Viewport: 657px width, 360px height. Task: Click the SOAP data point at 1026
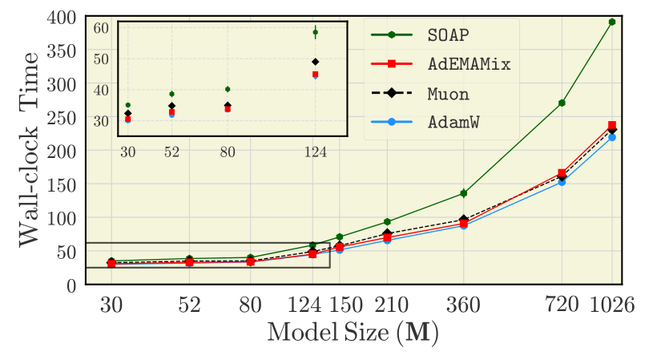pyautogui.click(x=612, y=22)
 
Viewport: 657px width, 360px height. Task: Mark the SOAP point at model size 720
pyautogui.click(x=562, y=103)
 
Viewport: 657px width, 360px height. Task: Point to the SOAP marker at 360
pyautogui.click(x=463, y=193)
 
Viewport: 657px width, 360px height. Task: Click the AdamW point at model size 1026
pyautogui.click(x=612, y=137)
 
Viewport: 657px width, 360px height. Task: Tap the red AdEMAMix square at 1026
pyautogui.click(x=612, y=125)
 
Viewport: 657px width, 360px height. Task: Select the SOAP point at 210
pyautogui.click(x=387, y=221)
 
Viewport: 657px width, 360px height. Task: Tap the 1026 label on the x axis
pyautogui.click(x=612, y=305)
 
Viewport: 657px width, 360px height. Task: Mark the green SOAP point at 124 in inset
pyautogui.click(x=316, y=32)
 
